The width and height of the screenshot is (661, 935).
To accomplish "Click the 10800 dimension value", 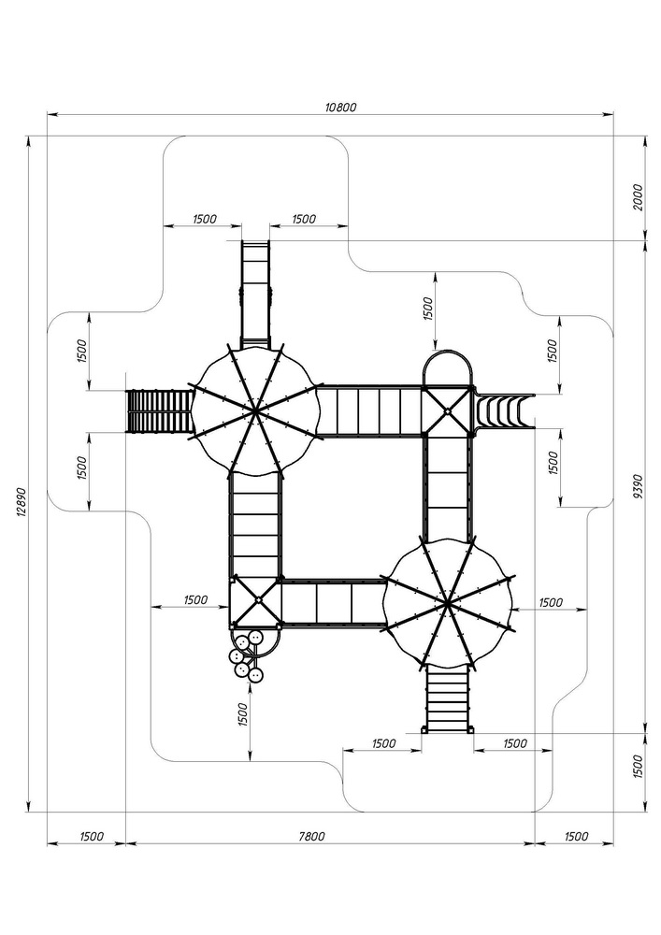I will pyautogui.click(x=340, y=108).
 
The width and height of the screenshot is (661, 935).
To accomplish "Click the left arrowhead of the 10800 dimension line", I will pyautogui.click(x=50, y=115).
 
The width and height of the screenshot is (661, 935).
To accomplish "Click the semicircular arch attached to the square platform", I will pyautogui.click(x=448, y=367).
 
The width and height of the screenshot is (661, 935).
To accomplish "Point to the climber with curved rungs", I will pyautogui.click(x=503, y=410).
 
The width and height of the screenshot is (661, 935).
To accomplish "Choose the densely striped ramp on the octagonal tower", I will pyautogui.click(x=159, y=411).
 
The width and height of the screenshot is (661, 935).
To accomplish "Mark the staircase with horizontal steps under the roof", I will pyautogui.click(x=448, y=699).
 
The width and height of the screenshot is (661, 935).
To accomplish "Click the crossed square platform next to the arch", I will pyautogui.click(x=448, y=410).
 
